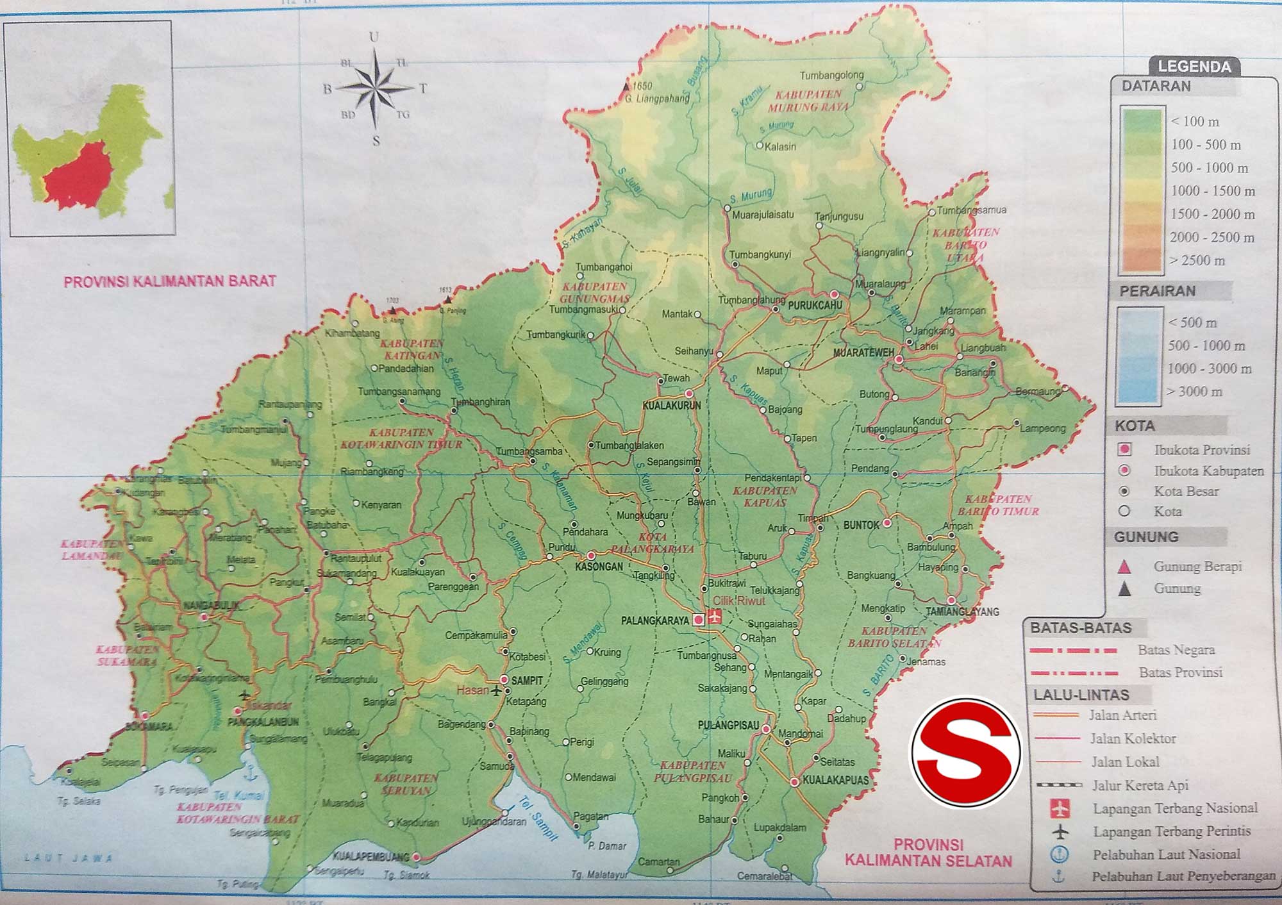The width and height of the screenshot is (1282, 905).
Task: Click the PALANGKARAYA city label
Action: pyautogui.click(x=654, y=620)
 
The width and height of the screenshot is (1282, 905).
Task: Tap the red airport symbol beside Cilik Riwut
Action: pyautogui.click(x=715, y=617)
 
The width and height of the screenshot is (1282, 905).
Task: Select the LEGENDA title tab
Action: pyautogui.click(x=1194, y=67)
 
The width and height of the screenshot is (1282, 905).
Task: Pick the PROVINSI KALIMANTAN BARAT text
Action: pyautogui.click(x=170, y=281)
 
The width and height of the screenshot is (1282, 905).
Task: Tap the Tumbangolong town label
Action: pyautogui.click(x=831, y=75)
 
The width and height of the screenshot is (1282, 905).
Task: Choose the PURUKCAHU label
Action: pyautogui.click(x=814, y=306)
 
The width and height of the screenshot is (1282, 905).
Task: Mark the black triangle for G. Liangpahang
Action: pyautogui.click(x=627, y=87)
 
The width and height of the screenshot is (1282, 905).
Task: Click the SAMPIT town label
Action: pyautogui.click(x=527, y=681)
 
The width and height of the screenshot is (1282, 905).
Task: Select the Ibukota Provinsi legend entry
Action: pyautogui.click(x=1202, y=450)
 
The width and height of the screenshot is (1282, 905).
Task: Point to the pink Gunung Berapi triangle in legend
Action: pyautogui.click(x=1124, y=567)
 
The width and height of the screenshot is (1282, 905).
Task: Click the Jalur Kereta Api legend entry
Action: pyautogui.click(x=1140, y=785)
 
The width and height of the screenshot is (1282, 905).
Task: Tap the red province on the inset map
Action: pyautogui.click(x=77, y=179)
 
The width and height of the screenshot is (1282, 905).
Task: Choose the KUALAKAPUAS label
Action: pyautogui.click(x=835, y=781)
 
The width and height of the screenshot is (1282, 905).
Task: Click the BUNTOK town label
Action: pyautogui.click(x=861, y=525)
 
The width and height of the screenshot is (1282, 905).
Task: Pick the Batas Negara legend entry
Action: pyautogui.click(x=1176, y=650)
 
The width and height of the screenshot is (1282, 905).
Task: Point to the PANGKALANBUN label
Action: pyautogui.click(x=263, y=722)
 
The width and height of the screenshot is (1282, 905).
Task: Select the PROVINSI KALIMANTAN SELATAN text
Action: pyautogui.click(x=928, y=852)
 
